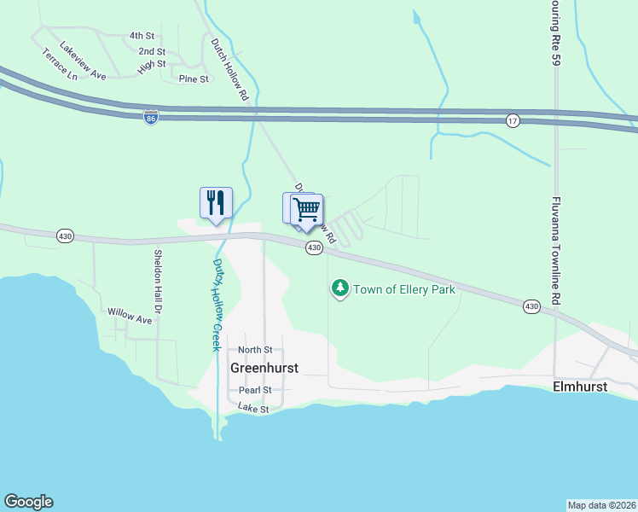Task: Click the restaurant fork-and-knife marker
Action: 216,203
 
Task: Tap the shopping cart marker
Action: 306,209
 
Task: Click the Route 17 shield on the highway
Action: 512,119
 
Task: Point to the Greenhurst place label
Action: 264,369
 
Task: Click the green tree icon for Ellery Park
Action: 340,289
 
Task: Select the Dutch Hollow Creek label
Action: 217,305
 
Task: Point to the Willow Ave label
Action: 130,317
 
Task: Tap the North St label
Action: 255,350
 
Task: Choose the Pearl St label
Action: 255,390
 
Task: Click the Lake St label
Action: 253,410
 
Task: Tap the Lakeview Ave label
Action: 78,64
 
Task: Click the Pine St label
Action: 194,79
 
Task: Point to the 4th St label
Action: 142,36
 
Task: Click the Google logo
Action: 28,502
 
